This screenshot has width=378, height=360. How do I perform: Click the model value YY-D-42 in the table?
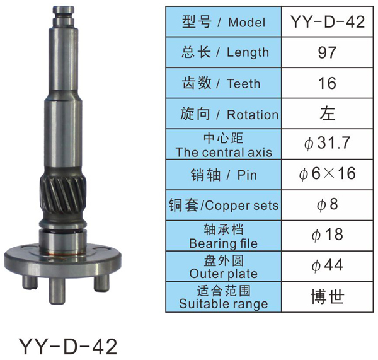(328, 22)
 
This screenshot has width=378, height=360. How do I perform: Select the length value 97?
(327, 52)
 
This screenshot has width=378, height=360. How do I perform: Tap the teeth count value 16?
(327, 83)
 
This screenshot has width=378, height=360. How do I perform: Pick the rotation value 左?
(328, 113)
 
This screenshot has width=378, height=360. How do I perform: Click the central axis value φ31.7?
(327, 143)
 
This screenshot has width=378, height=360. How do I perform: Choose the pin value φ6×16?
(327, 173)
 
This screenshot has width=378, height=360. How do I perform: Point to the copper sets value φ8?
(327, 205)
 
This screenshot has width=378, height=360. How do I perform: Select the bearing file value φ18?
(327, 235)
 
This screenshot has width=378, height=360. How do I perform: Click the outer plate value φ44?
(327, 265)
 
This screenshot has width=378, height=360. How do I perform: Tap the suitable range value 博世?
(328, 296)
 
